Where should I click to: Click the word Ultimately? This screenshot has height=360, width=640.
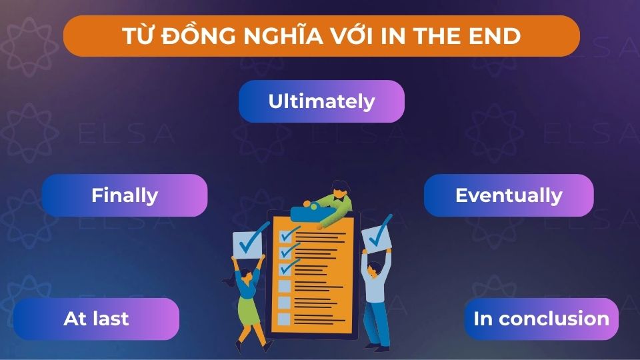[x=321, y=101]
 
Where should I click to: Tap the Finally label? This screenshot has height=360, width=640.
[x=125, y=195]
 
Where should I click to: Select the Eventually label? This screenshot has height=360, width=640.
[x=509, y=195]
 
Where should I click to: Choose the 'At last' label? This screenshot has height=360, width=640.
[x=96, y=319]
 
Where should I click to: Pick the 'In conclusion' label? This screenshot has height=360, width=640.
[x=541, y=319]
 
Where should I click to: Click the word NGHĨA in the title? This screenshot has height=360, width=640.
[x=289, y=36]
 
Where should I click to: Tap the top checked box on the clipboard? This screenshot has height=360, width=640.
[x=286, y=236]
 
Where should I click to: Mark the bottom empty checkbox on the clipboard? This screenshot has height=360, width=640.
[x=284, y=319]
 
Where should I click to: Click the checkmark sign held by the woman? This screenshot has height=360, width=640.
[x=250, y=242]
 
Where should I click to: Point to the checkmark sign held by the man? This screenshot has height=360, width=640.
[x=377, y=234]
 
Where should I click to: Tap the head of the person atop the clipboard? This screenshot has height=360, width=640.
[x=338, y=189]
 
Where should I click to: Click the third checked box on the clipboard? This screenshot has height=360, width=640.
[x=285, y=269]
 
